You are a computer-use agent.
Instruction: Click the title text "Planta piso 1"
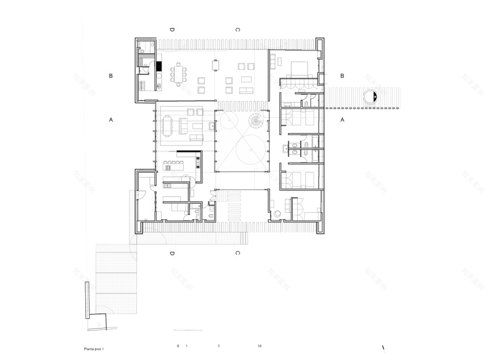coord(94,348)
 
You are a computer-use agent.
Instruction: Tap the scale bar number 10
coord(259,346)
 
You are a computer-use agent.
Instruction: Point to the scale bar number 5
coord(219,346)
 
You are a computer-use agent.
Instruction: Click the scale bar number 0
coord(178,346)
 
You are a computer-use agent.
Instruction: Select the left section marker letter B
coord(111,76)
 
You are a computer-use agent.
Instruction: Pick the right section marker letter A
coord(342,120)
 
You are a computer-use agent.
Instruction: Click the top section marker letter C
coord(237,29)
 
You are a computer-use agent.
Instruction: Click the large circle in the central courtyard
coord(251,149)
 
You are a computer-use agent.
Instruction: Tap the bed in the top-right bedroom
coord(300,69)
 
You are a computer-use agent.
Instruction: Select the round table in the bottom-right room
coord(278,213)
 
